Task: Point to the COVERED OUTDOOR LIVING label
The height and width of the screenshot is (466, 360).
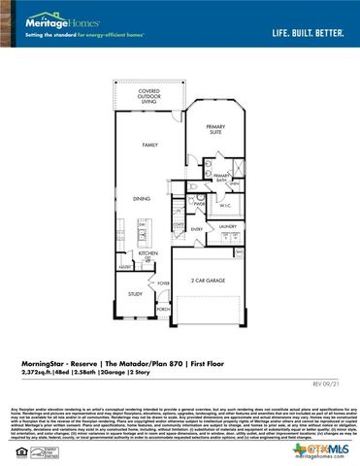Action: [x=149, y=96]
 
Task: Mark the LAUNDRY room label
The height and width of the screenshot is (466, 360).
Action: [x=227, y=226]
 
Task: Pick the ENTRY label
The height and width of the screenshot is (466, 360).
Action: [x=196, y=229]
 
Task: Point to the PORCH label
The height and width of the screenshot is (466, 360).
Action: [x=164, y=310]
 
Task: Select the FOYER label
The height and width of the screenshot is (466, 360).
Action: [x=164, y=283]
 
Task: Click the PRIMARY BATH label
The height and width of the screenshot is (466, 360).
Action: [x=221, y=178]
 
